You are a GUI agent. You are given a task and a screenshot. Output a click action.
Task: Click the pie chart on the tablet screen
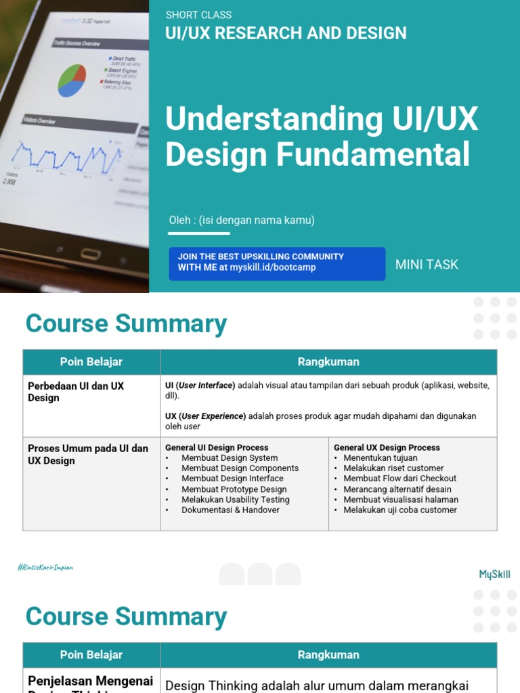(72, 81)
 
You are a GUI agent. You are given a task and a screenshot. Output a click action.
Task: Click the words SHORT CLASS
(198, 15)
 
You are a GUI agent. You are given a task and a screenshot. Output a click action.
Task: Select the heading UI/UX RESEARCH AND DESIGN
(286, 33)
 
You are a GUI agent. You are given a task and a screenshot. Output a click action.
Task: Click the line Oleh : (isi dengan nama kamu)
(242, 220)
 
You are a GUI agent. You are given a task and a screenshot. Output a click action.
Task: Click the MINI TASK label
(427, 265)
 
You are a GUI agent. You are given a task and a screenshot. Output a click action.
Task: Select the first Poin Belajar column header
(91, 362)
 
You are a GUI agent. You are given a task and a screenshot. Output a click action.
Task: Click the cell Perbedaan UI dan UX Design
(76, 391)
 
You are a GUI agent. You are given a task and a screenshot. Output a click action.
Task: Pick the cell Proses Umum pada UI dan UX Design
(88, 454)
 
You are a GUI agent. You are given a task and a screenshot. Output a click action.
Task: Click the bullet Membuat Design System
(230, 458)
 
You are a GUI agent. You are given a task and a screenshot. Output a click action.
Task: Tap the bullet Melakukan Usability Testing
(235, 499)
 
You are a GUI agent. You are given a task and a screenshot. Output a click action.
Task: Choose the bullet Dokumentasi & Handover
(230, 510)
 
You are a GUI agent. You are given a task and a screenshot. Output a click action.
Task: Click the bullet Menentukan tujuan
(380, 458)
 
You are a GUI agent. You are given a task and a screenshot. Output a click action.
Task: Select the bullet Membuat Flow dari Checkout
(399, 478)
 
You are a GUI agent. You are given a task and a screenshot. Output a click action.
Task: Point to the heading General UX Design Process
(387, 447)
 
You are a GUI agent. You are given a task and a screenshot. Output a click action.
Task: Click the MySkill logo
(494, 575)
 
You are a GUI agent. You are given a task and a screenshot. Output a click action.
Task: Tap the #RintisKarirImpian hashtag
(45, 568)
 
